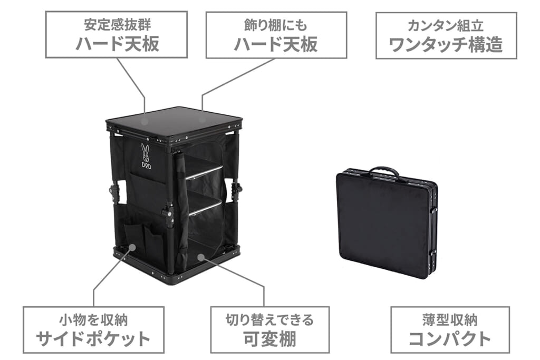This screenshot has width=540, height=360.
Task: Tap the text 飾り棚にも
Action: pyautogui.click(x=275, y=25)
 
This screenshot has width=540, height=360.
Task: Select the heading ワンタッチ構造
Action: pyautogui.click(x=446, y=45)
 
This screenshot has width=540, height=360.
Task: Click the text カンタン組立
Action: pyautogui.click(x=446, y=26)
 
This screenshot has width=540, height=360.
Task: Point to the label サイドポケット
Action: pyautogui.click(x=93, y=339)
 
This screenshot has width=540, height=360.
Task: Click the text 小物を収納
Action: pyautogui.click(x=93, y=320)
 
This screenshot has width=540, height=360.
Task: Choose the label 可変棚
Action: pyautogui.click(x=269, y=339)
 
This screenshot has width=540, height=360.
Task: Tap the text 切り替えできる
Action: pyautogui.click(x=269, y=320)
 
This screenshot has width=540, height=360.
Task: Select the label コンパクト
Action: pyautogui.click(x=450, y=338)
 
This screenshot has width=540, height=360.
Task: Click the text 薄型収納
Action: pyautogui.click(x=450, y=320)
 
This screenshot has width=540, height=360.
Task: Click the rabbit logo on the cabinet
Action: pyautogui.click(x=146, y=151)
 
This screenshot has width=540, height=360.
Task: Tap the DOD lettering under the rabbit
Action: pyautogui.click(x=146, y=164)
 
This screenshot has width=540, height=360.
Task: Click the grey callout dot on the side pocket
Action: pyautogui.click(x=132, y=247)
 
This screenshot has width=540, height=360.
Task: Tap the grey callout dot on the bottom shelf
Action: pyautogui.click(x=201, y=257)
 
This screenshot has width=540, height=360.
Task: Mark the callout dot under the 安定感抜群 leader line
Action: pyautogui.click(x=145, y=121)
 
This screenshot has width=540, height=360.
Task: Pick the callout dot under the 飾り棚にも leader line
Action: pyautogui.click(x=202, y=120)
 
